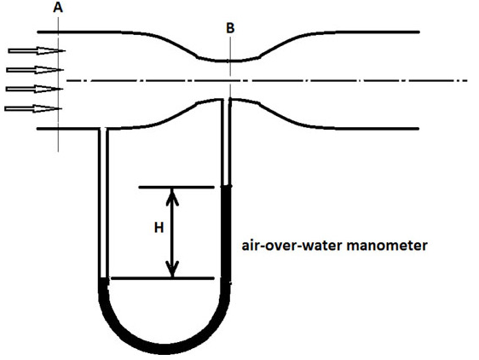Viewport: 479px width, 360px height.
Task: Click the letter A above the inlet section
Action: click(58, 8)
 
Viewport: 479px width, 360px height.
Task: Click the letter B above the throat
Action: click(230, 28)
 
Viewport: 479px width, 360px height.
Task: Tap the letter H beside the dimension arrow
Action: click(159, 228)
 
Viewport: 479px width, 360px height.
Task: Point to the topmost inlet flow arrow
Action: click(37, 51)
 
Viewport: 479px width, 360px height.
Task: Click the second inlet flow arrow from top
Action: click(35, 70)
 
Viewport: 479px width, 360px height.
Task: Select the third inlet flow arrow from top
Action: click(35, 89)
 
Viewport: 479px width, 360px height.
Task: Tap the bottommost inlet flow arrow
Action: click(33, 108)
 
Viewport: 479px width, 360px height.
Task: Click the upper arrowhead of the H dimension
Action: click(172, 195)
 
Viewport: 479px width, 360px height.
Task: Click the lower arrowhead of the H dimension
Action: click(172, 270)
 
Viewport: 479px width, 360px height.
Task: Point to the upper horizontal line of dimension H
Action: click(176, 187)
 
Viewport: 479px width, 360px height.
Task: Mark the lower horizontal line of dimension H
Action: click(163, 278)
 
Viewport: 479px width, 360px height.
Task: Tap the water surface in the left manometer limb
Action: click(103, 278)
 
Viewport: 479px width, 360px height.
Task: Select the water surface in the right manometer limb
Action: click(227, 186)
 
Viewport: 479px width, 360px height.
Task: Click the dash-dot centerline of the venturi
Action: click(267, 81)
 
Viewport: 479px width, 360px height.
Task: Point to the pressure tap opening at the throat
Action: click(227, 99)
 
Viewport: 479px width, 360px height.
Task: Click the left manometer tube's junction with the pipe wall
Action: click(103, 129)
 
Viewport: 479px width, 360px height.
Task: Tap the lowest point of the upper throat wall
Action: click(228, 61)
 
